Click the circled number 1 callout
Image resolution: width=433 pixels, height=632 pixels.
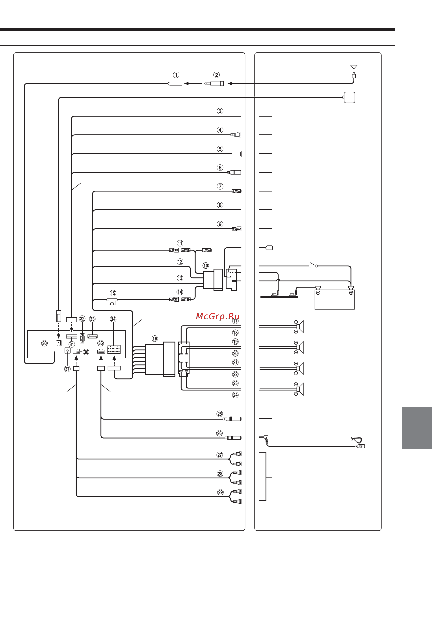pos(176,75)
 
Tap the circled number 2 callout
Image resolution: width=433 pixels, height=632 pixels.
pos(216,75)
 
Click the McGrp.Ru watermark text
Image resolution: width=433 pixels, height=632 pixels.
pos(217,316)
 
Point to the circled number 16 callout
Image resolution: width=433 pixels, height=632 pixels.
pos(155,338)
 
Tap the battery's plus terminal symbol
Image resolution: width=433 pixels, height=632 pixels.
pos(351,293)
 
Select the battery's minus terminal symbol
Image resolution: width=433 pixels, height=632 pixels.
pos(318,293)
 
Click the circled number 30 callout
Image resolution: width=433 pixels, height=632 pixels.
pos(44,343)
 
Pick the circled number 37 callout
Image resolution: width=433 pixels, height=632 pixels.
pos(67,369)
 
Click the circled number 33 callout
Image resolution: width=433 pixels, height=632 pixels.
pos(93,319)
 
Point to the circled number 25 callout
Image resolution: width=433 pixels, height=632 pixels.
pos(219,414)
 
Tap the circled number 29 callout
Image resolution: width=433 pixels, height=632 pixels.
pos(220,492)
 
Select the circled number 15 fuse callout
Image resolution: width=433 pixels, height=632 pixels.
pos(113,293)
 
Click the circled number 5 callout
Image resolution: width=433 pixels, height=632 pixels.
pos(220,149)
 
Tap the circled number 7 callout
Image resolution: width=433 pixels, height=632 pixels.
pos(220,186)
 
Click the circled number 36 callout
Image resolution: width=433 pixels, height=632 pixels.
pos(86,352)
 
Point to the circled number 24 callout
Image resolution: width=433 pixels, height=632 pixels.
pos(235,395)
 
